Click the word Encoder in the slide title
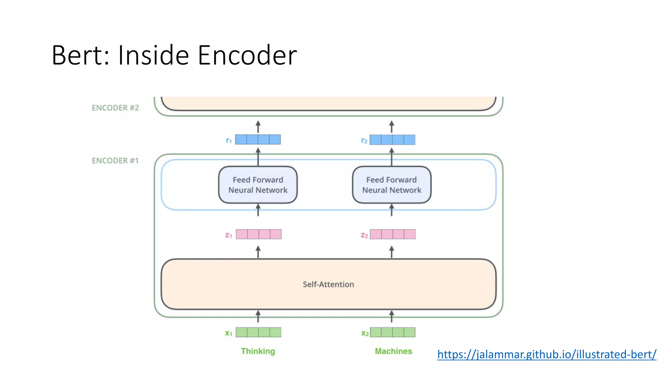247,55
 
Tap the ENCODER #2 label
115,108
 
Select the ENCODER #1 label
115,161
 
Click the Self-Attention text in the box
328,284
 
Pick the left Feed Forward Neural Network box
258,185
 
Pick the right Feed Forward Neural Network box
392,185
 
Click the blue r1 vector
258,140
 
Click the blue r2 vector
392,140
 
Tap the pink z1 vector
258,234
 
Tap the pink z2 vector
393,234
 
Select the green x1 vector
258,332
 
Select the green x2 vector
392,332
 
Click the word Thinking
258,351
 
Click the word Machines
393,351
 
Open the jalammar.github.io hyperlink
547,354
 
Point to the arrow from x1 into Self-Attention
258,317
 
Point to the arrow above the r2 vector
392,127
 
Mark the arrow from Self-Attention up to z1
258,252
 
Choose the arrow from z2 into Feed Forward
392,210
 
